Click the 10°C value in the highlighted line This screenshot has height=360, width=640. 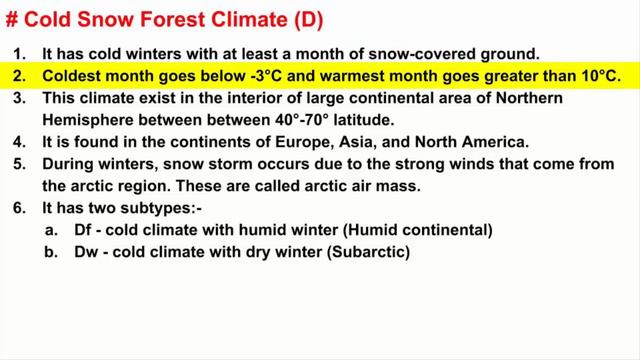pyautogui.click(x=597, y=75)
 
